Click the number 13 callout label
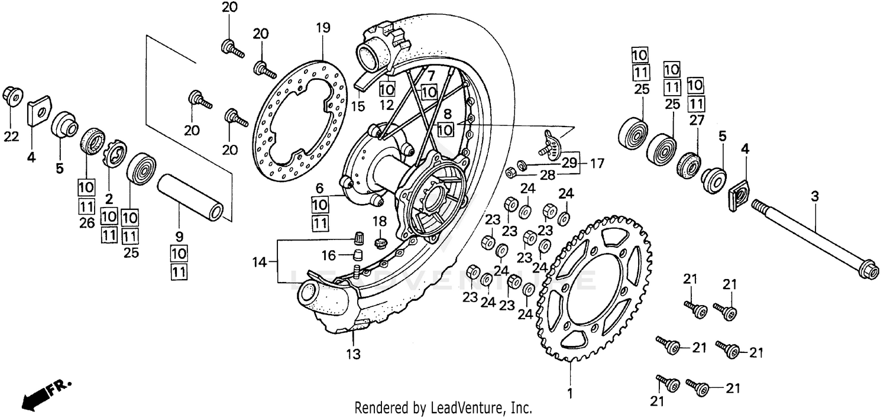tap(353, 355)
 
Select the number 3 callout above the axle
tap(815, 197)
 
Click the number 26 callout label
tap(86, 222)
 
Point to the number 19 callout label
tap(322, 28)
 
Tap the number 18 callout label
tap(378, 221)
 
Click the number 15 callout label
tap(358, 106)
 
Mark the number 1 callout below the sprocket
tap(570, 392)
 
